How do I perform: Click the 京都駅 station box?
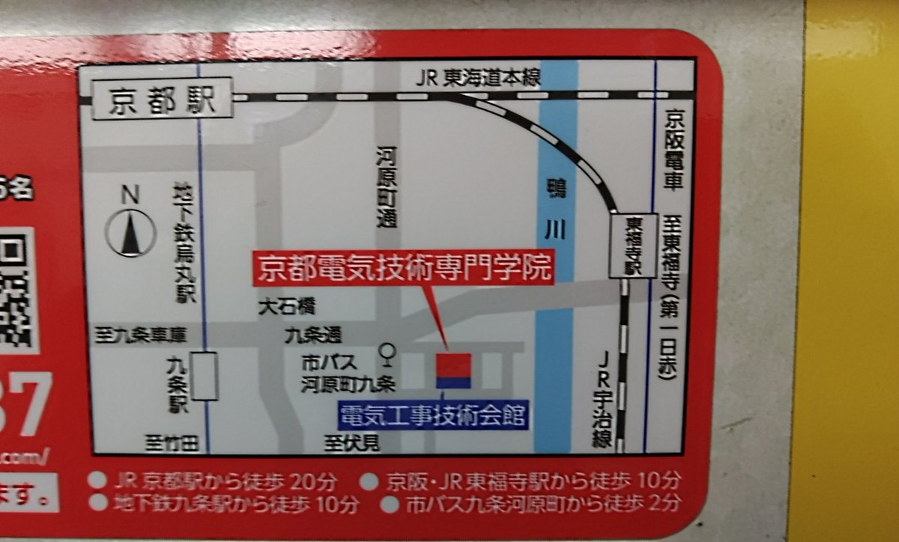tap(161, 101)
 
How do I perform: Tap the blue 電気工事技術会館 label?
tap(432, 414)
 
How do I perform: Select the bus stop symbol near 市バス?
tap(388, 352)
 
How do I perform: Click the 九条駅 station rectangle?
tap(204, 376)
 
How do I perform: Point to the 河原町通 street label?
tap(387, 187)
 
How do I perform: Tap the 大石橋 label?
tap(286, 306)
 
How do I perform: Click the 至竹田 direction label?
tap(172, 445)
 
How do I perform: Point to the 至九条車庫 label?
tap(140, 335)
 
